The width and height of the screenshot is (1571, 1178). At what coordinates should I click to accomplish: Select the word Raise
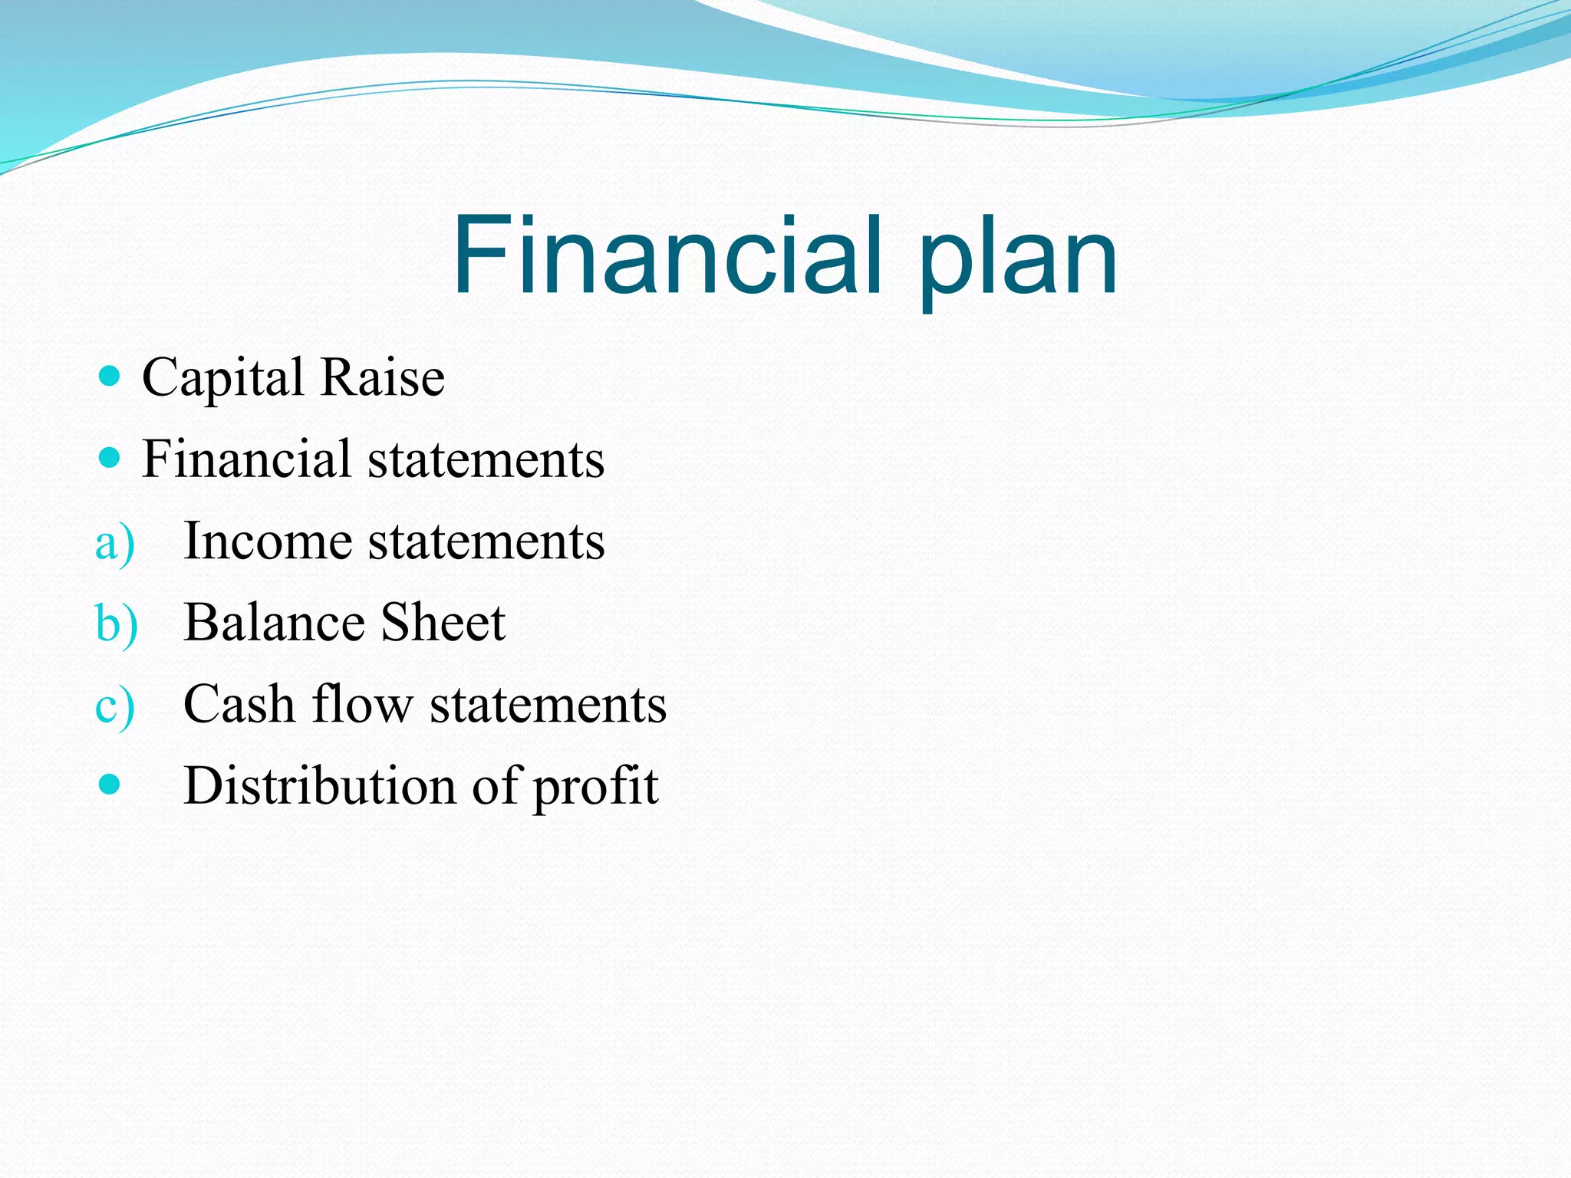pyautogui.click(x=382, y=377)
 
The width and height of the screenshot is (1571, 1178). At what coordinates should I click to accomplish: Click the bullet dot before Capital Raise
pyautogui.click(x=110, y=376)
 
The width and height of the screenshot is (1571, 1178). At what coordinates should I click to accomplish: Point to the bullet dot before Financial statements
pyautogui.click(x=110, y=459)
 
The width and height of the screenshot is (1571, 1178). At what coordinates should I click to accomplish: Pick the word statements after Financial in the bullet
pyautogui.click(x=486, y=460)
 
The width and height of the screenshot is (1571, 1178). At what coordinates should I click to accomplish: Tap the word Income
pyautogui.click(x=268, y=541)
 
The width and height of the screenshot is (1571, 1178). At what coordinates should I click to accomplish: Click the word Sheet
pyautogui.click(x=443, y=622)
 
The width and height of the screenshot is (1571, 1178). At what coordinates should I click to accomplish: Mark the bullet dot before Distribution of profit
pyautogui.click(x=110, y=785)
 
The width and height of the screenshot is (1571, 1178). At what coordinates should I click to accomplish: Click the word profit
pyautogui.click(x=595, y=788)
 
